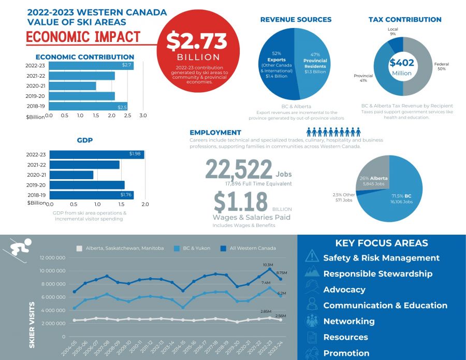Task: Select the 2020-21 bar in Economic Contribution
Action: click(72, 86)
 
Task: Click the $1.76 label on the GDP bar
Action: click(126, 195)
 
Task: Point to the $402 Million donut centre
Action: click(402, 66)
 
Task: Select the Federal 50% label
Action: click(442, 66)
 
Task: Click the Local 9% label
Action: click(392, 32)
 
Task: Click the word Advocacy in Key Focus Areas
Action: click(344, 290)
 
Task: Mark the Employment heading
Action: click(215, 133)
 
